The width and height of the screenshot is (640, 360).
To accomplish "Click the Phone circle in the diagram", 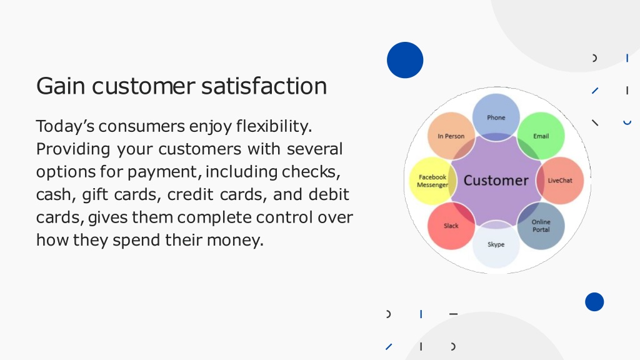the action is [496, 117].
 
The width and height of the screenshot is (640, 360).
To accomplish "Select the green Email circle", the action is [541, 136].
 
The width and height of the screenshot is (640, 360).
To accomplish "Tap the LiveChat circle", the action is [559, 181].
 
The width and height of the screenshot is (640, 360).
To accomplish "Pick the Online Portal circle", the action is [541, 226].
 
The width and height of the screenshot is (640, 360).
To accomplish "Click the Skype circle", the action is [496, 244].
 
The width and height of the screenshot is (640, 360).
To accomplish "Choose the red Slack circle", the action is [451, 226].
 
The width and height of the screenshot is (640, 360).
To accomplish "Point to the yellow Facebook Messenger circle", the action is [432, 181].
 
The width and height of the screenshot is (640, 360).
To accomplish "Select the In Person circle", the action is [451, 136].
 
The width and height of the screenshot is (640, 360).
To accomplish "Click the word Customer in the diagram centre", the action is [496, 181].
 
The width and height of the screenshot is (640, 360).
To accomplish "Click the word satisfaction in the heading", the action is [264, 86].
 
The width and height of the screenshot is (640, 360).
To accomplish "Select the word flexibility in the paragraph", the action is [274, 126].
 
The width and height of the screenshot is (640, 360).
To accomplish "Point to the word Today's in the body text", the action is [65, 126].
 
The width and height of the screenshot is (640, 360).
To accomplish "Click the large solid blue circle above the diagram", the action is [405, 60].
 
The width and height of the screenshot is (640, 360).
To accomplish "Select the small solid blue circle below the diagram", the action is [594, 302].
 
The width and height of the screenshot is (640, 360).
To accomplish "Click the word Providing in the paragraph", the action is [73, 149].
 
